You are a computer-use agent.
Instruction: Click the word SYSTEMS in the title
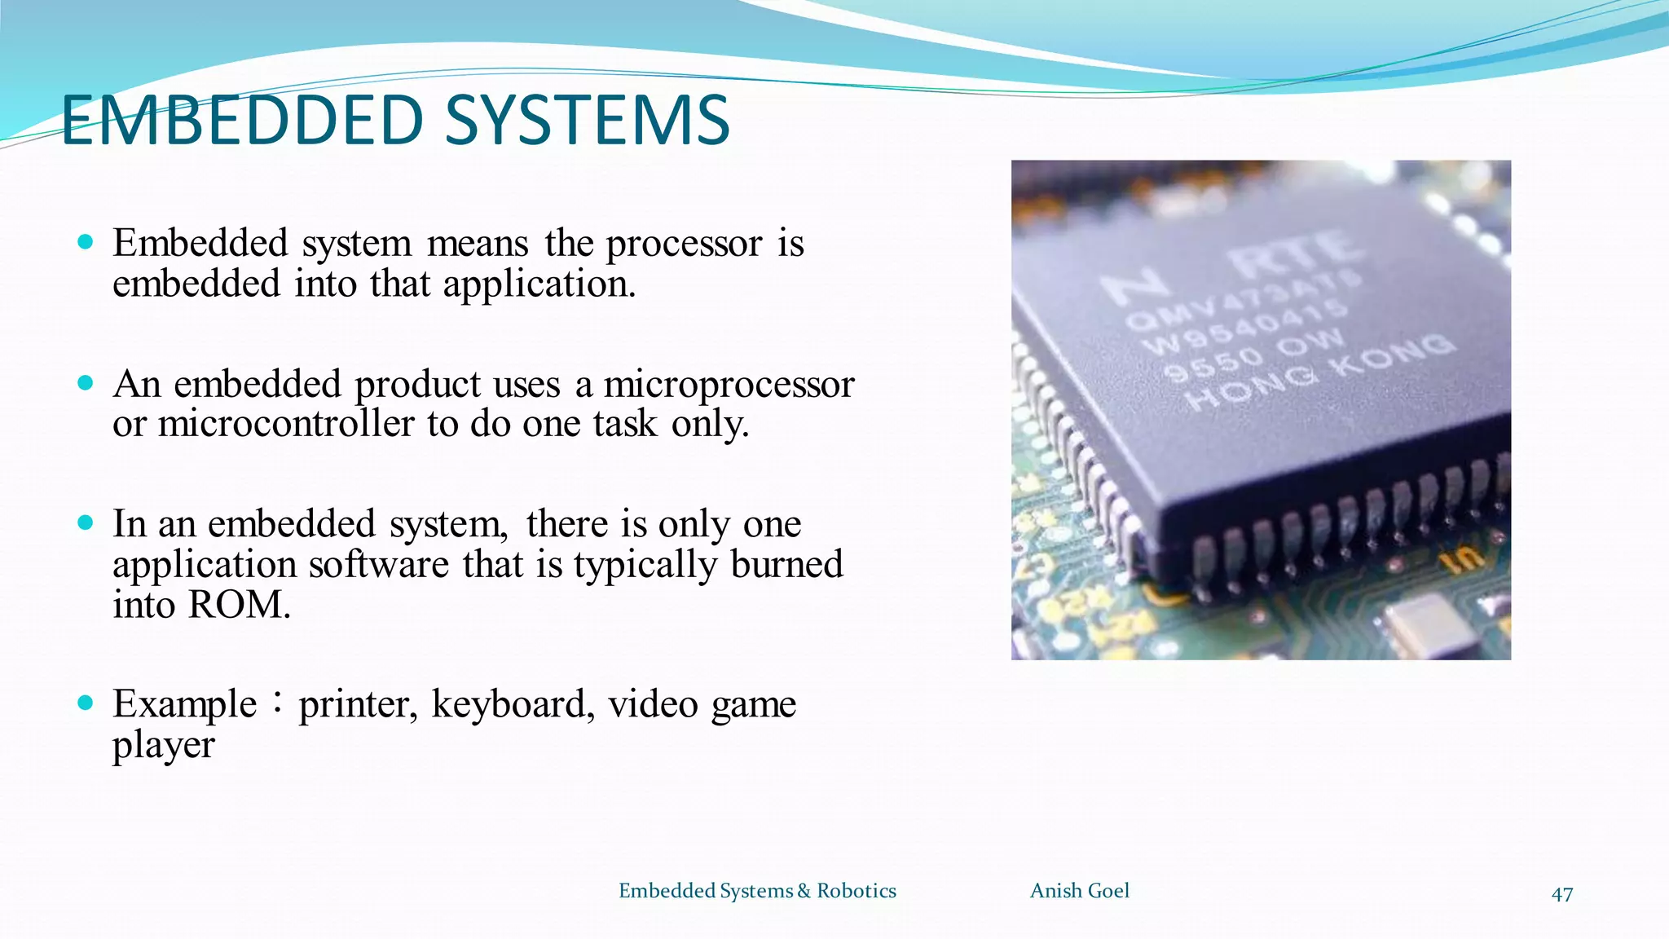[587, 121]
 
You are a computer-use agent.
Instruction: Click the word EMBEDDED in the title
[242, 121]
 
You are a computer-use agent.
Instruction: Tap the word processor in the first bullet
[684, 244]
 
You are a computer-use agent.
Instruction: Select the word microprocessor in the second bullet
[729, 385]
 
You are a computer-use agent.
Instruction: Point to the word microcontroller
[286, 424]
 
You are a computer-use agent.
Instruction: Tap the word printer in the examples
[358, 704]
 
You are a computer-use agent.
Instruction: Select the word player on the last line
[163, 745]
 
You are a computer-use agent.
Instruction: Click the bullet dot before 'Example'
[86, 703]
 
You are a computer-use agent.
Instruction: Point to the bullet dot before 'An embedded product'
[86, 383]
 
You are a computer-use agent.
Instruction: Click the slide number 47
[1561, 894]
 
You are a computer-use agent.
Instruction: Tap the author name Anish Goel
[1079, 891]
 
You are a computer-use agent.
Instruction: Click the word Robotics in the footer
[856, 891]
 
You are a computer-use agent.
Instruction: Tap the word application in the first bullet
[539, 284]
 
